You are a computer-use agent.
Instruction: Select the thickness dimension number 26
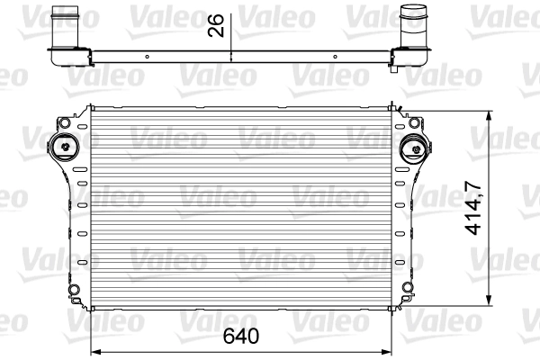pyautogui.click(x=216, y=28)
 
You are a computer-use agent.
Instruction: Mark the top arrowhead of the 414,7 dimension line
pyautogui.click(x=489, y=114)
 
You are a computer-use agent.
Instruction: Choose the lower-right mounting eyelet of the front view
pyautogui.click(x=410, y=288)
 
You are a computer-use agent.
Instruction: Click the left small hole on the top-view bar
pyautogui.click(x=140, y=56)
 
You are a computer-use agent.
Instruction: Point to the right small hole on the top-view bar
pyautogui.click(x=335, y=56)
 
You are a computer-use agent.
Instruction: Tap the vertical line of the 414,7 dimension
pyautogui.click(x=489, y=162)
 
